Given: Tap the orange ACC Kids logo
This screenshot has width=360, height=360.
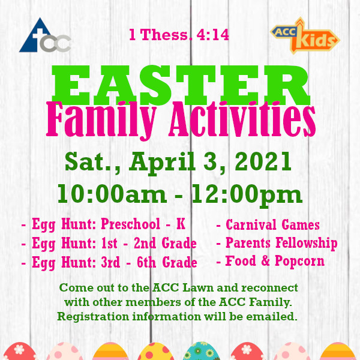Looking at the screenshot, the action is (305, 35).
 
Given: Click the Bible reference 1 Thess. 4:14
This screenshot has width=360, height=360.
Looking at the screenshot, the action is (179, 35).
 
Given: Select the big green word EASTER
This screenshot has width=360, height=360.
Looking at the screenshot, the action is (181, 85).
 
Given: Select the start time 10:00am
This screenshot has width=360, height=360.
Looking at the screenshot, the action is (112, 194).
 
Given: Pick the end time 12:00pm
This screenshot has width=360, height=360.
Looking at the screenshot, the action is (247, 195).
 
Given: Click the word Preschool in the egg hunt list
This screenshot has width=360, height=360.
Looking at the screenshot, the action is (130, 224).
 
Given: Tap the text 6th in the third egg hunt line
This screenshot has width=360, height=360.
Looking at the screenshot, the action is (146, 262).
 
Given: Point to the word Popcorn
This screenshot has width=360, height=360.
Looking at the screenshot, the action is (299, 262).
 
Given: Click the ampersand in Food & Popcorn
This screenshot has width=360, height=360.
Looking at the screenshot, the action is (265, 261).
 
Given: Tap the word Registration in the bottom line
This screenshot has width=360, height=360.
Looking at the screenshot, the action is (93, 317).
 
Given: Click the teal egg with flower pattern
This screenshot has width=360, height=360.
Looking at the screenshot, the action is (201, 351).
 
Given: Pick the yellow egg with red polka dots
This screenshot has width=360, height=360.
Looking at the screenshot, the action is (156, 352).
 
